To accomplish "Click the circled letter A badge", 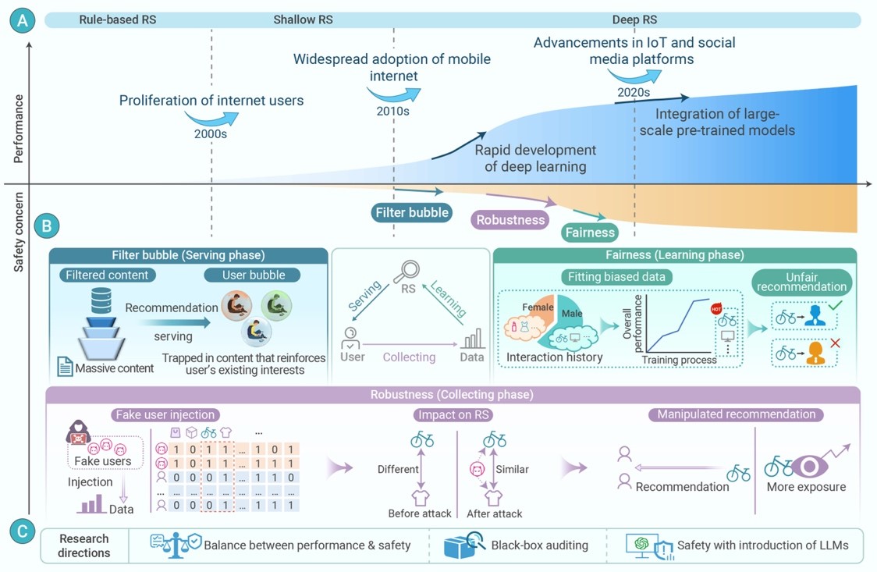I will (x=22, y=20).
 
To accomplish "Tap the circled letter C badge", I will (x=22, y=531).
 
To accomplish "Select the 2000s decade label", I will (x=211, y=134).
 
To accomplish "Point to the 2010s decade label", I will (x=392, y=112).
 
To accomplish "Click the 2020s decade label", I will (x=634, y=92).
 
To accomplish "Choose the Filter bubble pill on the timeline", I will (x=412, y=212).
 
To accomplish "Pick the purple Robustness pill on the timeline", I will (x=510, y=220).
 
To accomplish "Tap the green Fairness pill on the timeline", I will (x=591, y=232).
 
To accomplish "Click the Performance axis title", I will (x=19, y=129).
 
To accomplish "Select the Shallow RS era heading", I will (x=304, y=20).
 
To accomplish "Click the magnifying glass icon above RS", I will (x=407, y=271).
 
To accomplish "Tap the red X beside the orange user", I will (x=836, y=343).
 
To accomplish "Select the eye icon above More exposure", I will (x=810, y=466).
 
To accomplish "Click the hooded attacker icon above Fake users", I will (x=78, y=432).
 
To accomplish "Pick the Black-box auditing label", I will (x=539, y=545).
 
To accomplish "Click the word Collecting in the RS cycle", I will (x=409, y=357).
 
